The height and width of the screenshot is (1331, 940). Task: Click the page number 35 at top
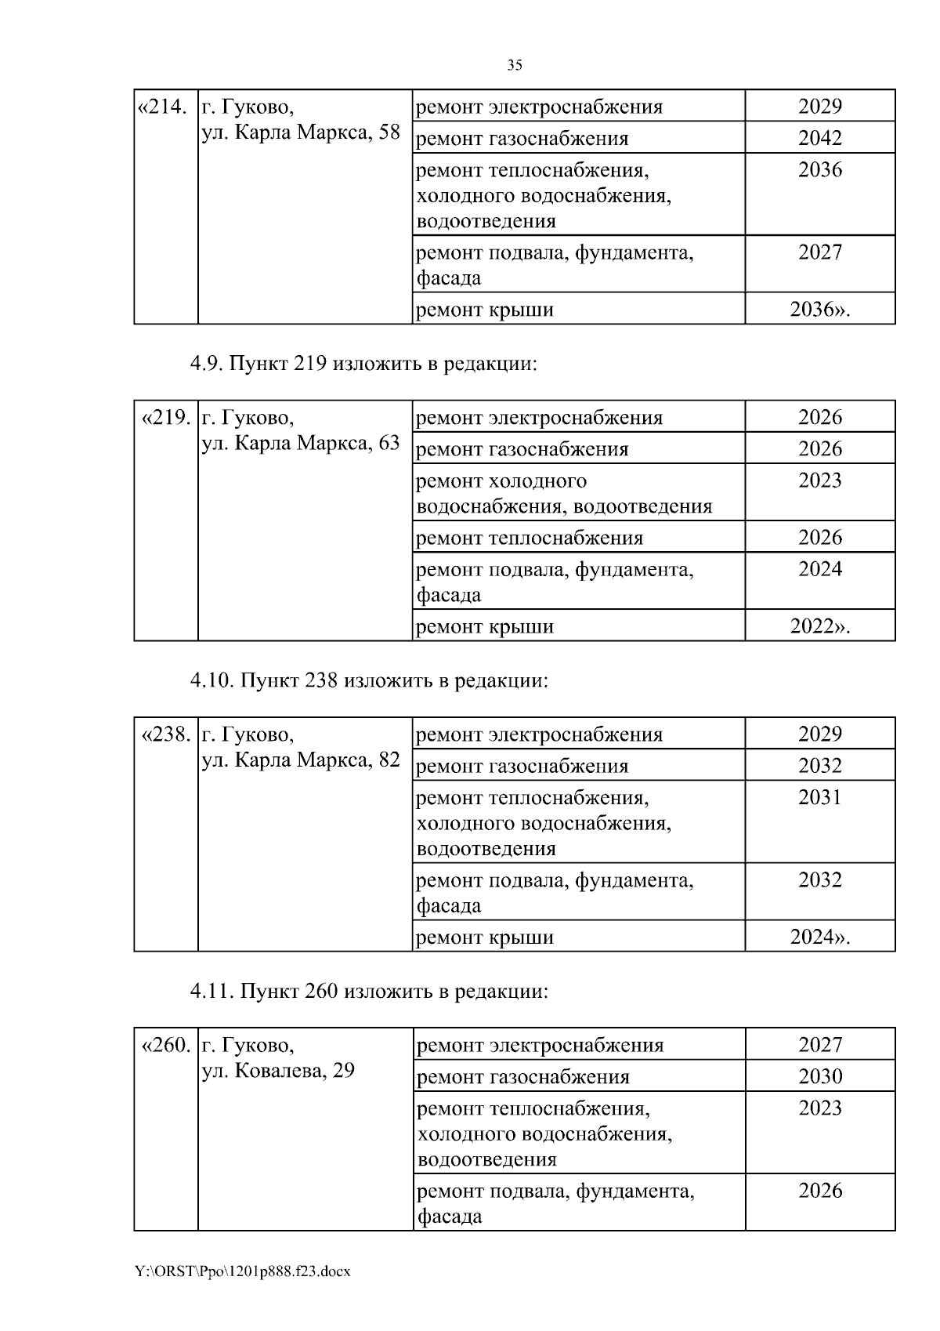[515, 66]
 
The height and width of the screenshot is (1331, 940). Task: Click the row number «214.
[163, 107]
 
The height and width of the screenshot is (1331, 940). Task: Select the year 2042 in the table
[819, 139]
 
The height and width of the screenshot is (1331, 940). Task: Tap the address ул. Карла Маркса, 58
[301, 132]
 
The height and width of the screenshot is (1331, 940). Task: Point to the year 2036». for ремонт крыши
[819, 310]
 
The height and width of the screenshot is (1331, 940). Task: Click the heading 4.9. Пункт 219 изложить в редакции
[363, 365]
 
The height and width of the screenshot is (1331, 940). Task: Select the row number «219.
[165, 418]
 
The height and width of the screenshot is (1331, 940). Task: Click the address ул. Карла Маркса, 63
[301, 444]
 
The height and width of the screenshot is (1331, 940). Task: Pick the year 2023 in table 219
[819, 481]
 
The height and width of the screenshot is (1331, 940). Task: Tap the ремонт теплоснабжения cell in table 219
[530, 539]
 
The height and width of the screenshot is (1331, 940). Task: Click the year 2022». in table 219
[819, 627]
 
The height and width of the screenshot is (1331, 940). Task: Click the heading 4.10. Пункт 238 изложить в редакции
[369, 681]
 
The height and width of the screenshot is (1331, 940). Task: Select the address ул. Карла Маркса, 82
[301, 760]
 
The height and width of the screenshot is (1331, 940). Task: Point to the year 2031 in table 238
[819, 797]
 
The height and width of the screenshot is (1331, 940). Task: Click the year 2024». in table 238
[819, 938]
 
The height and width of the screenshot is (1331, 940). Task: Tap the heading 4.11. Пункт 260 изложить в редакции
[369, 992]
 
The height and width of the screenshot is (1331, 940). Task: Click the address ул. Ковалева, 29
[278, 1071]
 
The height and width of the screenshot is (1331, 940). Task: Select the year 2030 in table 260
[819, 1077]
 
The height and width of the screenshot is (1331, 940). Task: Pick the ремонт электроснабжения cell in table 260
[540, 1046]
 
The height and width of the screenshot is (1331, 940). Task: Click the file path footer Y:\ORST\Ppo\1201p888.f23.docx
[243, 1271]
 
